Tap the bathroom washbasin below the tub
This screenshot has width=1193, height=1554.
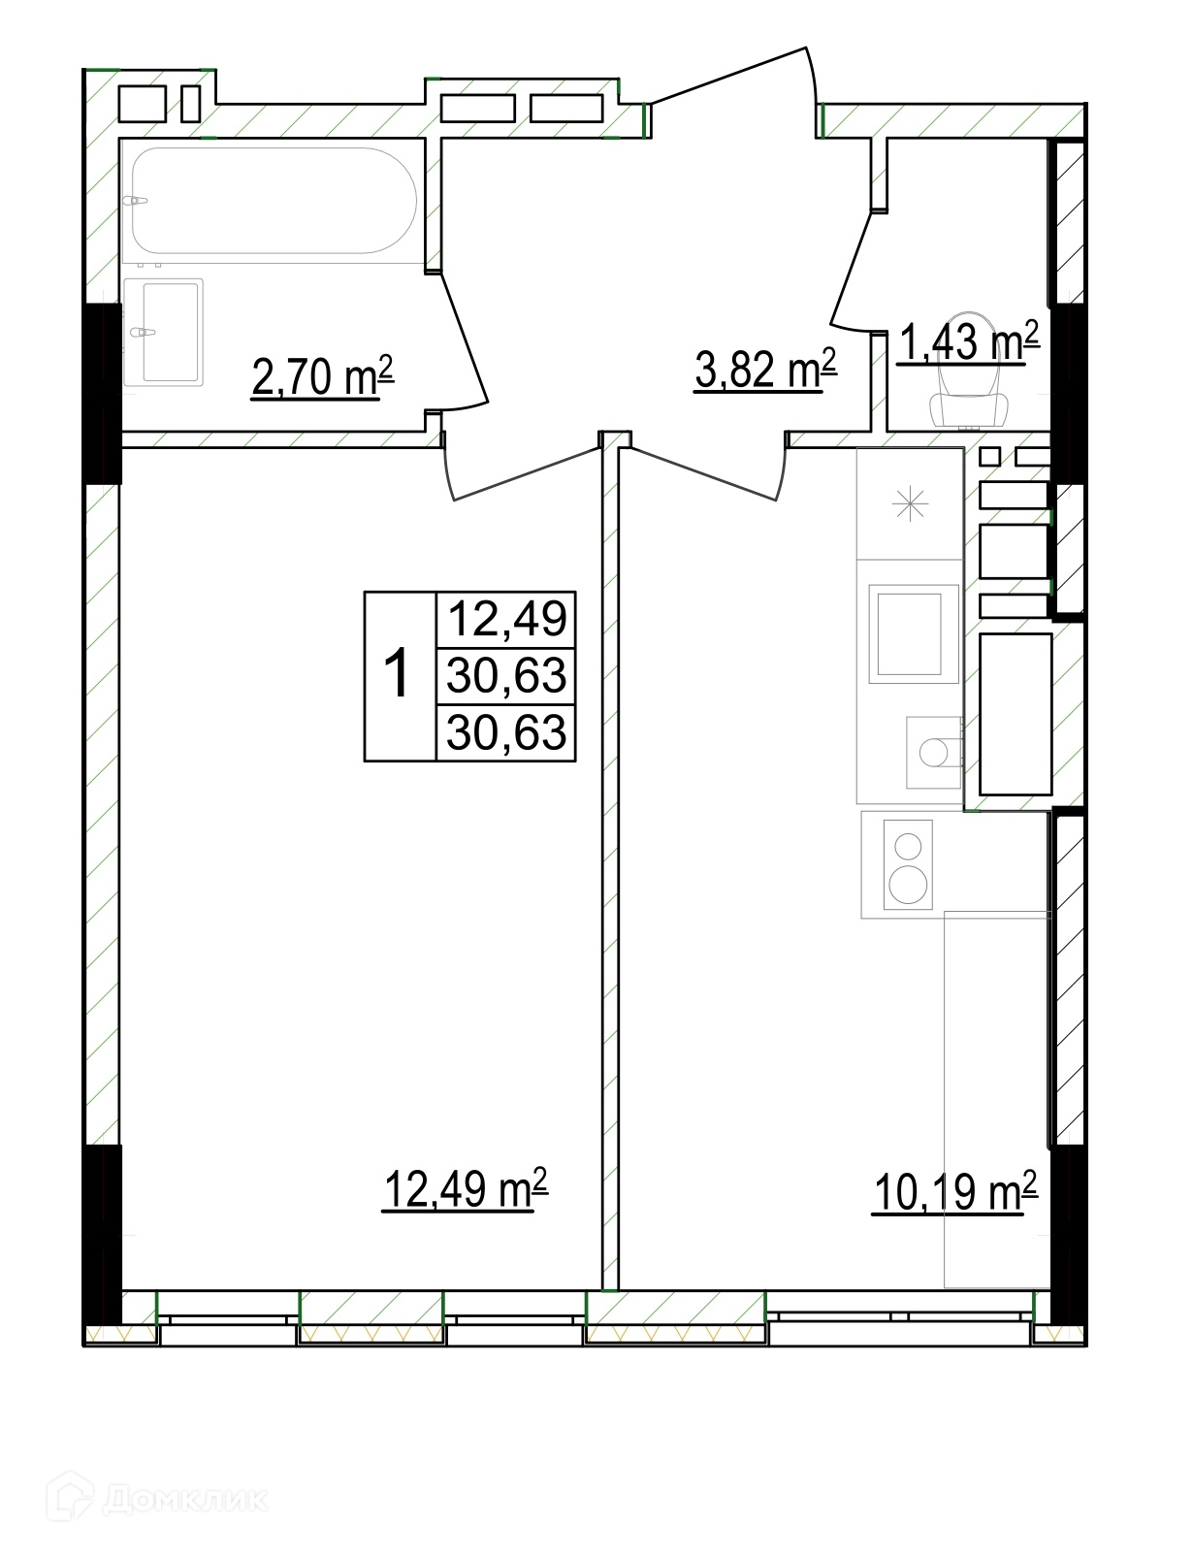pos(164,333)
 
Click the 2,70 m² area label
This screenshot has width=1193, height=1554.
pos(322,376)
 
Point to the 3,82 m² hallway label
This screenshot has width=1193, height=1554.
pos(765,369)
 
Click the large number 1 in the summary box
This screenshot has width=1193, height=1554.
pos(397,673)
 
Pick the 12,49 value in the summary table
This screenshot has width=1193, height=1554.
pos(507,619)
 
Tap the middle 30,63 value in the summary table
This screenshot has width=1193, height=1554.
pos(506,676)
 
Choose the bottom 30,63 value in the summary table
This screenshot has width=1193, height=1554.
pos(506,733)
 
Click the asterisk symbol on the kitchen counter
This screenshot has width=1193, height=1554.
pos(910,504)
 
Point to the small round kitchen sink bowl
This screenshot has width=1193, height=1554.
pos(933,752)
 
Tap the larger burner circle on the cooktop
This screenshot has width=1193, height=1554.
pos(908,886)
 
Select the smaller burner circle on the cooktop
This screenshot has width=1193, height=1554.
pos(909,847)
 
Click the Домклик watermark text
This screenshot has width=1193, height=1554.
pos(186,1500)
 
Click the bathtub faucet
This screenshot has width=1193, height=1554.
pos(135,201)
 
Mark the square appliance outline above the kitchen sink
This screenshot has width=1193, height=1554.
pos(914,633)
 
